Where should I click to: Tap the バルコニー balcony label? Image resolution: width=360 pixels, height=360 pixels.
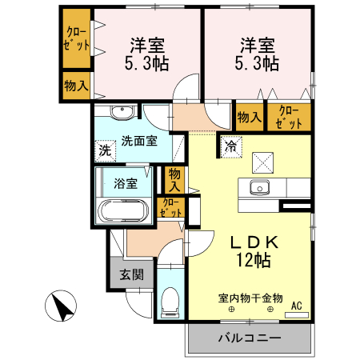pyautogui.click(x=250, y=338)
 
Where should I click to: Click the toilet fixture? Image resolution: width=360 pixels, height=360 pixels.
pyautogui.click(x=170, y=302)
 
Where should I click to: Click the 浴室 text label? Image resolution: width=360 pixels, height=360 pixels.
pyautogui.click(x=126, y=183)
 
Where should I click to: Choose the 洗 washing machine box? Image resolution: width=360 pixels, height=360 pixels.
pyautogui.click(x=105, y=150)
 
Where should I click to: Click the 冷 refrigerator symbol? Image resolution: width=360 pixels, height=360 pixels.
pyautogui.click(x=230, y=146)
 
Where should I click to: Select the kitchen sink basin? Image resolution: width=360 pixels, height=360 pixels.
pyautogui.click(x=258, y=189)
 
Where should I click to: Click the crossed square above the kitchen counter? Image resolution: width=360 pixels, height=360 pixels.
pyautogui.click(x=263, y=162)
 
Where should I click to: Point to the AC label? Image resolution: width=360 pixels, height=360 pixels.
pyautogui.click(x=297, y=305)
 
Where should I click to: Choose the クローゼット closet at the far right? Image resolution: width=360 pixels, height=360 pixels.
pyautogui.click(x=289, y=118)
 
